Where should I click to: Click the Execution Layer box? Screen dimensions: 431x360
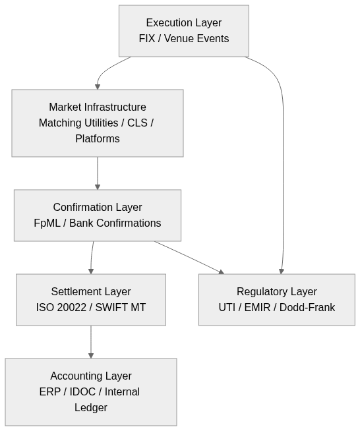(x=183, y=31)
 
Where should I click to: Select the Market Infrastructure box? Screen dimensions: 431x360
(x=97, y=123)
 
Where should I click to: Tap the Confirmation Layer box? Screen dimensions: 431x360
(x=97, y=215)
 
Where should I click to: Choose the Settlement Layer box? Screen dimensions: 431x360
(x=90, y=300)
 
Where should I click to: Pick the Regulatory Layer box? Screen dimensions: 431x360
(x=276, y=300)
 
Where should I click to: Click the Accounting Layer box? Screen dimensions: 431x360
(x=90, y=392)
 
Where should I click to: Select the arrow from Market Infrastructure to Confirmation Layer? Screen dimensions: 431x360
(x=98, y=173)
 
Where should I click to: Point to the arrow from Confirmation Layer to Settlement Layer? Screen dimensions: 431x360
(x=92, y=257)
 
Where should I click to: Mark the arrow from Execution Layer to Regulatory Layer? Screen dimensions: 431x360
(x=284, y=165)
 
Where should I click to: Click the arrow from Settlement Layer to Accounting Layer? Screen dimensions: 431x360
(x=91, y=341)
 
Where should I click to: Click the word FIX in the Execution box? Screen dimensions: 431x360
(x=146, y=39)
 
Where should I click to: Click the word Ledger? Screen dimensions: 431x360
(x=91, y=408)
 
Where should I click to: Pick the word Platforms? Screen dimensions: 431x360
(x=98, y=139)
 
